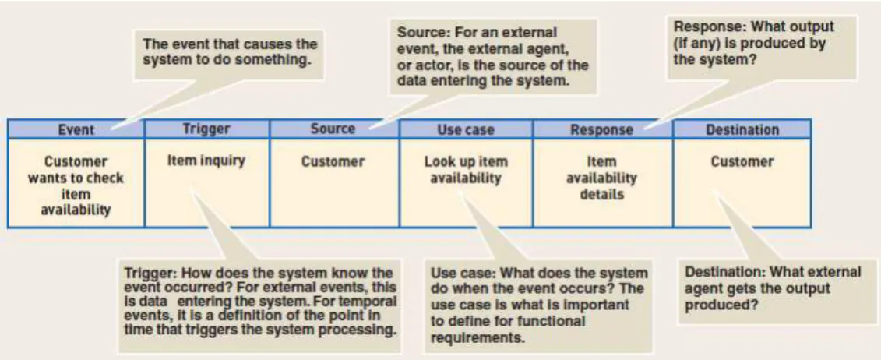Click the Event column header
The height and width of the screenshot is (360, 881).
coord(76,129)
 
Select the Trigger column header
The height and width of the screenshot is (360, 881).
coord(206,129)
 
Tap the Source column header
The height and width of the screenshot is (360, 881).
coord(333,129)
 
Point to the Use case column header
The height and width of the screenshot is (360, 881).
coord(466,129)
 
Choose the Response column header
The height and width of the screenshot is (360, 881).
coord(602,129)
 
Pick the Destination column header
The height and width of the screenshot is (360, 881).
coord(742,129)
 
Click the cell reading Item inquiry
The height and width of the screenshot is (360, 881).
coord(206,182)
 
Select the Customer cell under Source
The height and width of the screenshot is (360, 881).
coord(333,182)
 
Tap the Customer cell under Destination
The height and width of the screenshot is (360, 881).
coord(742,182)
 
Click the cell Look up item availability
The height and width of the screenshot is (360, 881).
coord(466,182)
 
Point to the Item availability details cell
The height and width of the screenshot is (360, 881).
coord(602,182)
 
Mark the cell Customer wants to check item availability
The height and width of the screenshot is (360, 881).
coord(76,182)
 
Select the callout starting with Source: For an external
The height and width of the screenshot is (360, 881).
coord(493,57)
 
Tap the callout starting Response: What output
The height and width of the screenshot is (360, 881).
coord(761,48)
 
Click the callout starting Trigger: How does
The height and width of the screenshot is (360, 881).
coord(259,305)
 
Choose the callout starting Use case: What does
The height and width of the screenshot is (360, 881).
coord(539,306)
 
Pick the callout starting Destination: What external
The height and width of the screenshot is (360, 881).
coord(777,291)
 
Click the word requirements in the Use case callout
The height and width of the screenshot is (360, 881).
coord(478,339)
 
